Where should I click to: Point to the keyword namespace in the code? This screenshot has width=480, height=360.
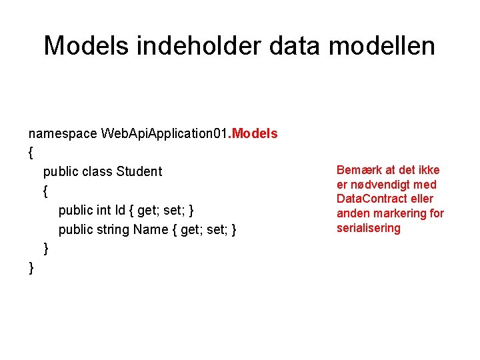[x=63, y=133]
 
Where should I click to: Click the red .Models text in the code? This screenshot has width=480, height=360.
[x=253, y=133]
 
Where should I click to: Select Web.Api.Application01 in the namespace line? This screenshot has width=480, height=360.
[x=164, y=133]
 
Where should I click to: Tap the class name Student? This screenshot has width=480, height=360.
[x=139, y=171]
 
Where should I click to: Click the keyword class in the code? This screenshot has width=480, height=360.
[x=97, y=171]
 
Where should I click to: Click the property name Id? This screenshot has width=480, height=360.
[x=120, y=211]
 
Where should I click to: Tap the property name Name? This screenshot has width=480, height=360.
[x=151, y=230]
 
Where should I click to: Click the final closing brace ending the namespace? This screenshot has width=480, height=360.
[x=31, y=268]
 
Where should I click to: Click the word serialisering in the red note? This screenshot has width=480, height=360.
[x=369, y=228]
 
